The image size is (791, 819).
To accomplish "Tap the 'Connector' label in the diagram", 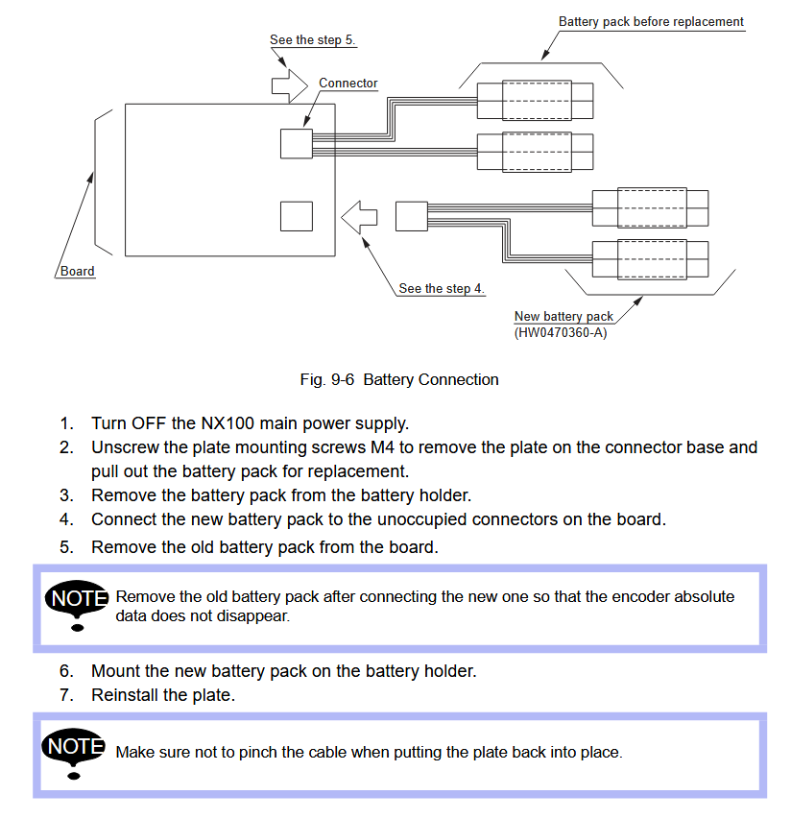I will [348, 84].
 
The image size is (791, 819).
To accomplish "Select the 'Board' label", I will [78, 272].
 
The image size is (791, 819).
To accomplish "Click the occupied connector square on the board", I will [297, 144].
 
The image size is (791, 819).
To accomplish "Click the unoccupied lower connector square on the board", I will [297, 216].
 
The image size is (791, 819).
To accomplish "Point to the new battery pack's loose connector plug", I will [411, 216].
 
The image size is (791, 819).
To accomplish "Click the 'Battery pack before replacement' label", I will [651, 22].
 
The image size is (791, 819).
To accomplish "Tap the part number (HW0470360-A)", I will [561, 333].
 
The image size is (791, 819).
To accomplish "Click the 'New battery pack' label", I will [563, 316].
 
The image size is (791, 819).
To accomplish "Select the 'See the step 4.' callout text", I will [442, 288].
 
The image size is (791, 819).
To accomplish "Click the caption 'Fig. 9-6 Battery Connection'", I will [399, 379].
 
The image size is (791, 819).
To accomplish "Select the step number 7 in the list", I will [66, 695].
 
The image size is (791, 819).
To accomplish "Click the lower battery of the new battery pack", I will [651, 256].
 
